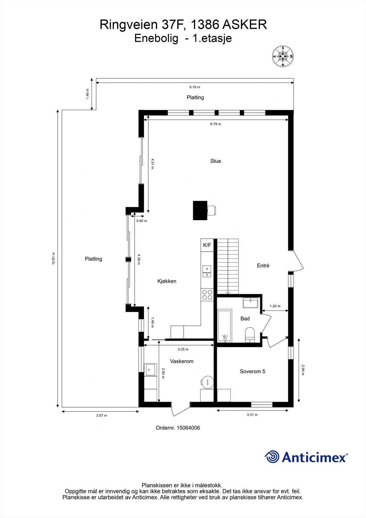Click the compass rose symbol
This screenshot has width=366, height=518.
[x=283, y=56]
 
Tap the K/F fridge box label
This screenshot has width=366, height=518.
[x=207, y=245]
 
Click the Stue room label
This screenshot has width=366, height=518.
[x=216, y=161]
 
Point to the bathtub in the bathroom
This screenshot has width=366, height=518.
[x=225, y=326]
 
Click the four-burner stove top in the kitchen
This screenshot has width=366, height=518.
[x=207, y=295]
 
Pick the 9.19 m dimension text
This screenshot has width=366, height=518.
[x=194, y=87]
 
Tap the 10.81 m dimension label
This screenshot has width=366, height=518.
[x=53, y=258]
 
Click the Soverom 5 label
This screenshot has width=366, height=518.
[x=252, y=371]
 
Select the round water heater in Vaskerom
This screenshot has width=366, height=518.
[x=207, y=382]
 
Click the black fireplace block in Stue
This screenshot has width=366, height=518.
[x=200, y=210]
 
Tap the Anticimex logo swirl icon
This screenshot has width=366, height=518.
[x=272, y=457]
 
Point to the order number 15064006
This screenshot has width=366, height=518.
[x=178, y=428]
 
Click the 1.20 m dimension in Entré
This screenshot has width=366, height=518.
[x=275, y=306]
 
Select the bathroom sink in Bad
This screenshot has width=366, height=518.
[x=250, y=303]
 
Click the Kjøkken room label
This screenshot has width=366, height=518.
[x=167, y=281]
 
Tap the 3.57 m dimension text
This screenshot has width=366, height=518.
[x=101, y=415]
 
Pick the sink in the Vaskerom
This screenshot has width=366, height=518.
[x=150, y=369]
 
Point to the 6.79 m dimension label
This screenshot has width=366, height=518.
[x=216, y=124]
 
